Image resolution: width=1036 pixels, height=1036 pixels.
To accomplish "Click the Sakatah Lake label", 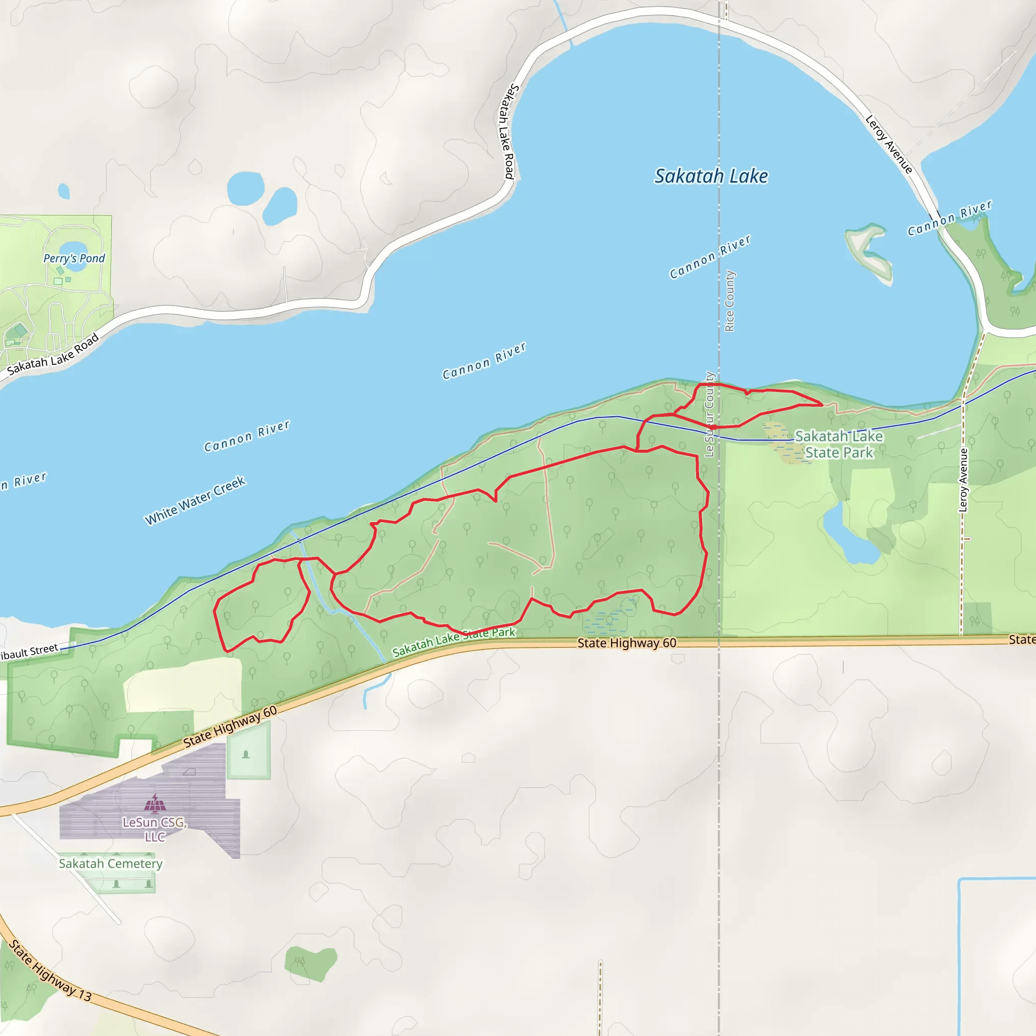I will (711, 177).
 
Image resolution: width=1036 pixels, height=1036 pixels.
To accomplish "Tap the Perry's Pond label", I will (74, 258).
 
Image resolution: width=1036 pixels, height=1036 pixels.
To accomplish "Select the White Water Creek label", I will (195, 500).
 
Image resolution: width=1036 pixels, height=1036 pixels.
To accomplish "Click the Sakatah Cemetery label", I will (110, 864).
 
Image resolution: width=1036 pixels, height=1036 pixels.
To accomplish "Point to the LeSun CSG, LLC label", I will (154, 829).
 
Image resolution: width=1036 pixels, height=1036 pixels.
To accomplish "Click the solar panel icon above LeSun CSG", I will (155, 803).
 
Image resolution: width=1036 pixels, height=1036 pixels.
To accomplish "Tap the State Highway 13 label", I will (51, 971).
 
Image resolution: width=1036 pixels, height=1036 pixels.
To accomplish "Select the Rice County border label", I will (729, 301).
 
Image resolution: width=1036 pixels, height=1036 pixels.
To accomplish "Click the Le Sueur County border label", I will (709, 414).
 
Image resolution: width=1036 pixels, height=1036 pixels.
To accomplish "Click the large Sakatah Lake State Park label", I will (839, 445).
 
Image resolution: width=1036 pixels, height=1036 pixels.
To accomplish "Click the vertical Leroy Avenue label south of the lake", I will (964, 480).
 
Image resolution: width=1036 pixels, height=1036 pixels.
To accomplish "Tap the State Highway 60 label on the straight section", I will (626, 643).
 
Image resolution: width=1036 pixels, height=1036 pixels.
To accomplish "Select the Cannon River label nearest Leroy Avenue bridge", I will (949, 218).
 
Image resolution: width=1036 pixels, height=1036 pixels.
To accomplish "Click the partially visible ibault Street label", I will (29, 652).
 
